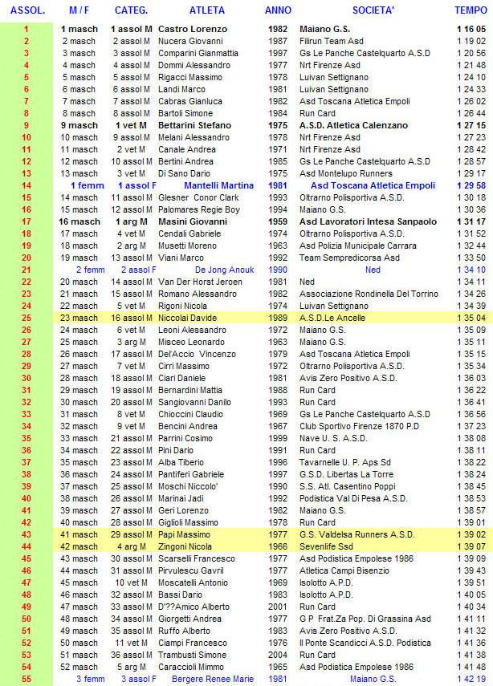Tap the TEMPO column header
coord(470,11)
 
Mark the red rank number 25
coord(26,318)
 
